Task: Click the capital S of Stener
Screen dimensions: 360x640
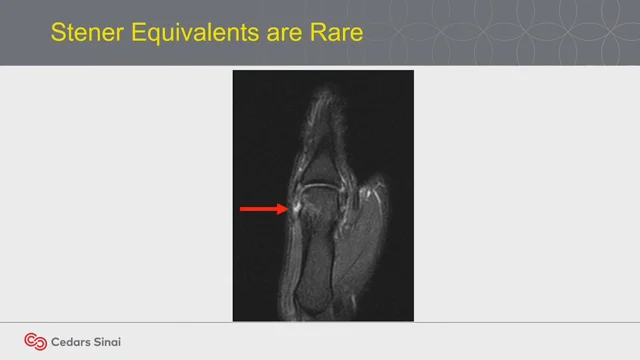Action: tap(58, 34)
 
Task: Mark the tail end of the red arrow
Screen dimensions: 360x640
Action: tap(242, 209)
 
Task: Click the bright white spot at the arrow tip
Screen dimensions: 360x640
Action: tap(295, 207)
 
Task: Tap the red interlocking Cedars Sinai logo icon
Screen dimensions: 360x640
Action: tap(36, 341)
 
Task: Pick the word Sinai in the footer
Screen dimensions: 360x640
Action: tap(109, 342)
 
